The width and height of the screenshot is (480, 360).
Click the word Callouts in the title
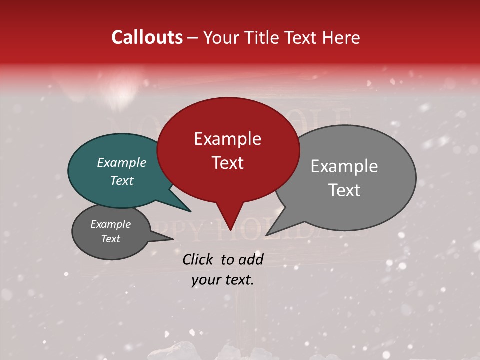pyautogui.click(x=147, y=38)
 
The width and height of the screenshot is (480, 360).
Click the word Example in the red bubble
pyautogui.click(x=227, y=139)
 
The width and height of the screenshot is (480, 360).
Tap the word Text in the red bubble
pyautogui.click(x=227, y=163)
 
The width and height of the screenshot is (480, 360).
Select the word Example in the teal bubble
pyautogui.click(x=121, y=163)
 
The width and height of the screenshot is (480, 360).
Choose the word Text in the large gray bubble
pyautogui.click(x=344, y=190)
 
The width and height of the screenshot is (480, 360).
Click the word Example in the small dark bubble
pyautogui.click(x=110, y=224)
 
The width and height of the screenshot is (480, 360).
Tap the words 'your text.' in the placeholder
pyautogui.click(x=222, y=280)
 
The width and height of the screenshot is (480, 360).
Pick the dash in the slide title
pyautogui.click(x=193, y=38)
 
